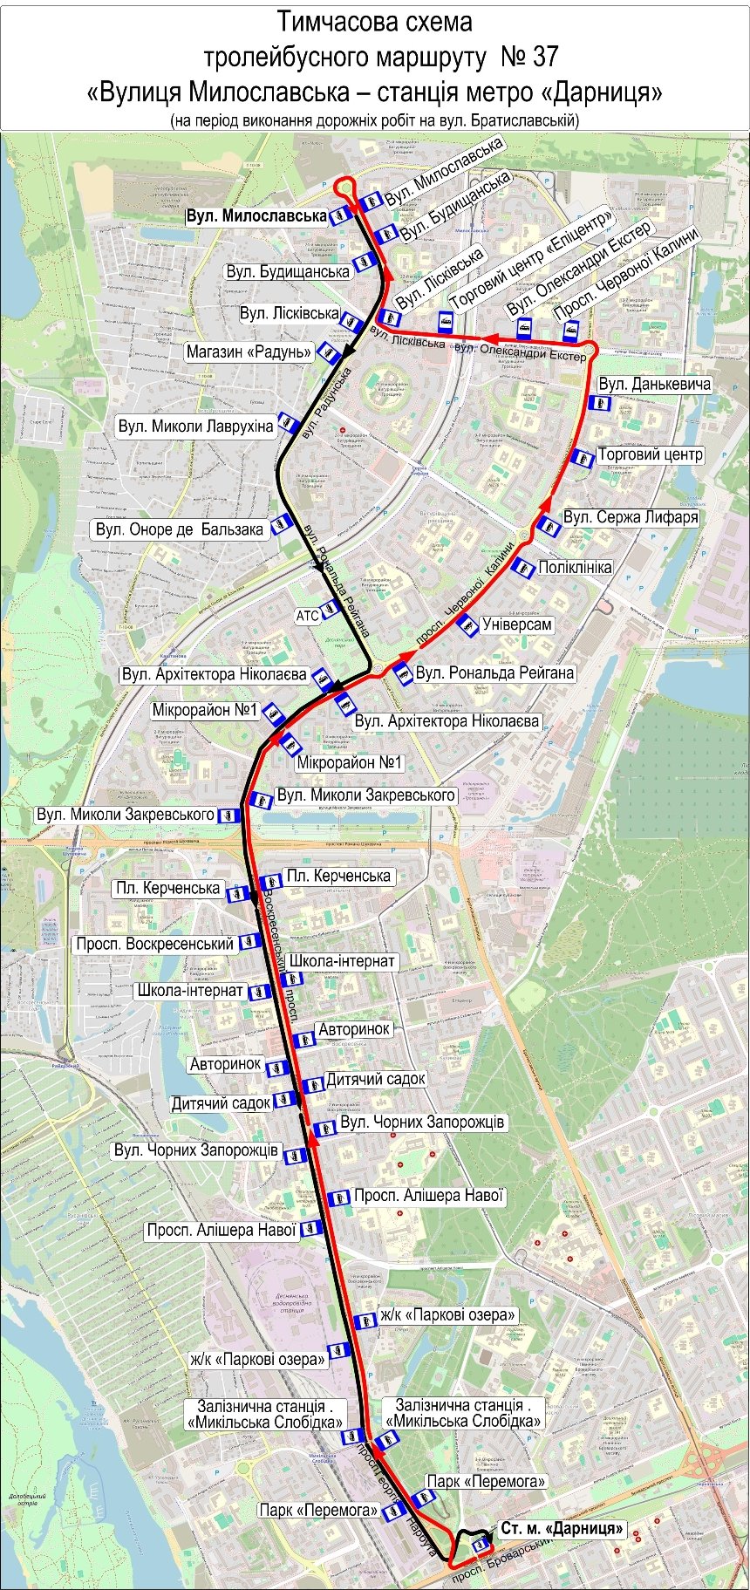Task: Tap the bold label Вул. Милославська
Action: pyautogui.click(x=256, y=215)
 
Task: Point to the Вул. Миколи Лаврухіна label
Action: pyautogui.click(x=195, y=427)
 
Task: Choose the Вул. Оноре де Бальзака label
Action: pyautogui.click(x=179, y=529)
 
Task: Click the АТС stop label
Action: pyautogui.click(x=307, y=616)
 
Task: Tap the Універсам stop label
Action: pyautogui.click(x=516, y=624)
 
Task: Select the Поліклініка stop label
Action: pyautogui.click(x=575, y=567)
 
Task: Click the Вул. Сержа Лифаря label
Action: pyautogui.click(x=630, y=517)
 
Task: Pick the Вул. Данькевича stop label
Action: pyautogui.click(x=654, y=384)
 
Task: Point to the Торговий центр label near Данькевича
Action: pyautogui.click(x=650, y=454)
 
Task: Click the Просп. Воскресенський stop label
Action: pyautogui.click(x=154, y=944)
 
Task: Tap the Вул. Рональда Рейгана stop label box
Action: pyautogui.click(x=494, y=672)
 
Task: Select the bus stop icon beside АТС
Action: pyautogui.click(x=330, y=608)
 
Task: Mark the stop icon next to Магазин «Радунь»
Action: pyautogui.click(x=329, y=352)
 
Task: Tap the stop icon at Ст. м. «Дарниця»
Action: pyautogui.click(x=480, y=1544)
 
